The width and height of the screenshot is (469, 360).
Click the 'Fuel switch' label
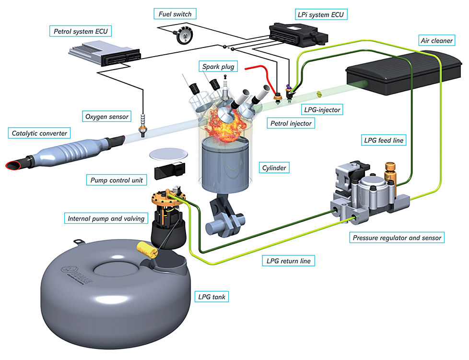[176, 14]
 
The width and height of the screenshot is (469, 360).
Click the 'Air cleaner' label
[436, 41]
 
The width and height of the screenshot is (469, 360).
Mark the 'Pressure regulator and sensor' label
[397, 237]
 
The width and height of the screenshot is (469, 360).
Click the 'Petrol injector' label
[290, 123]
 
